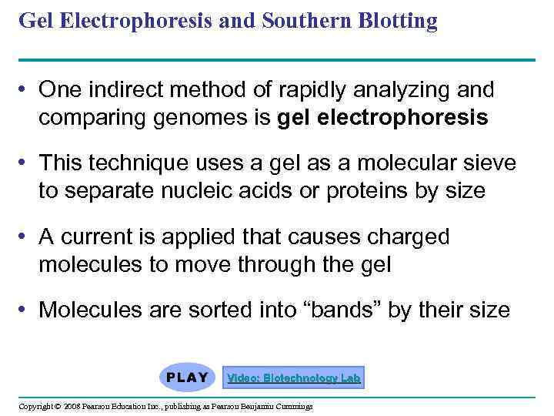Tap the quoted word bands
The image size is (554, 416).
342,310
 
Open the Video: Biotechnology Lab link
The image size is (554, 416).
293,378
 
